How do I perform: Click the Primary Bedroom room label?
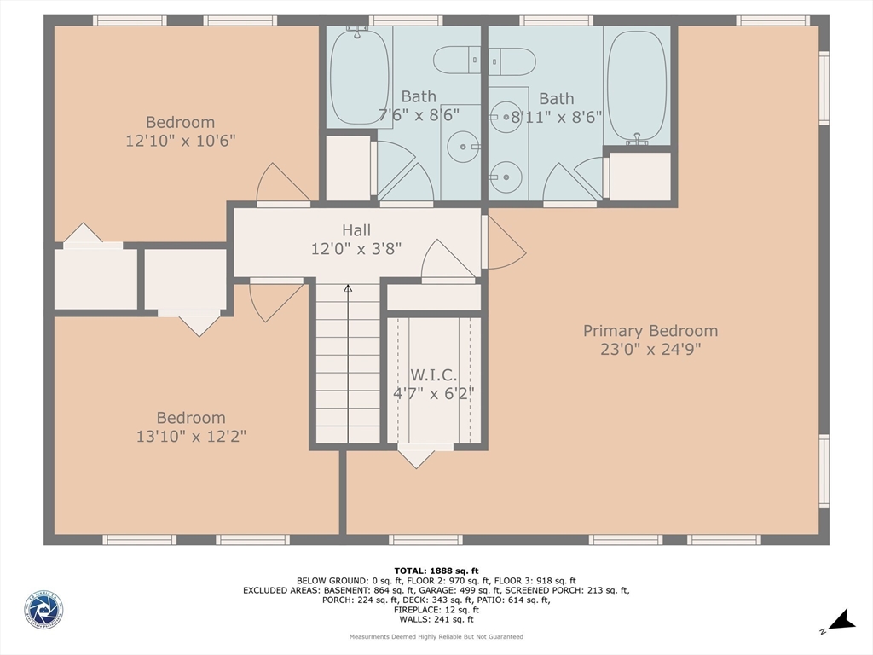650,331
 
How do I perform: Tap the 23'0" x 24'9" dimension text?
650,350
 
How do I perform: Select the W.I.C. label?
434,375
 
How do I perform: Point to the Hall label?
356,230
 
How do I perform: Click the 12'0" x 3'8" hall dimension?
356,249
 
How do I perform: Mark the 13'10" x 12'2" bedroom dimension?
190,437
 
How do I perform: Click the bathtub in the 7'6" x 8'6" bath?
359,78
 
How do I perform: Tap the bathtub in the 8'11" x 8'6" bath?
637,85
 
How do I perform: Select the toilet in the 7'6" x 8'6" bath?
458,61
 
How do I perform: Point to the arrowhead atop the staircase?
348,289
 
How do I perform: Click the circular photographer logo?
43,611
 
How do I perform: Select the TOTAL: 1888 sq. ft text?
436,571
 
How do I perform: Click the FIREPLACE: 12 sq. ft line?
436,609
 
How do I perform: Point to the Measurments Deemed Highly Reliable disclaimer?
436,637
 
